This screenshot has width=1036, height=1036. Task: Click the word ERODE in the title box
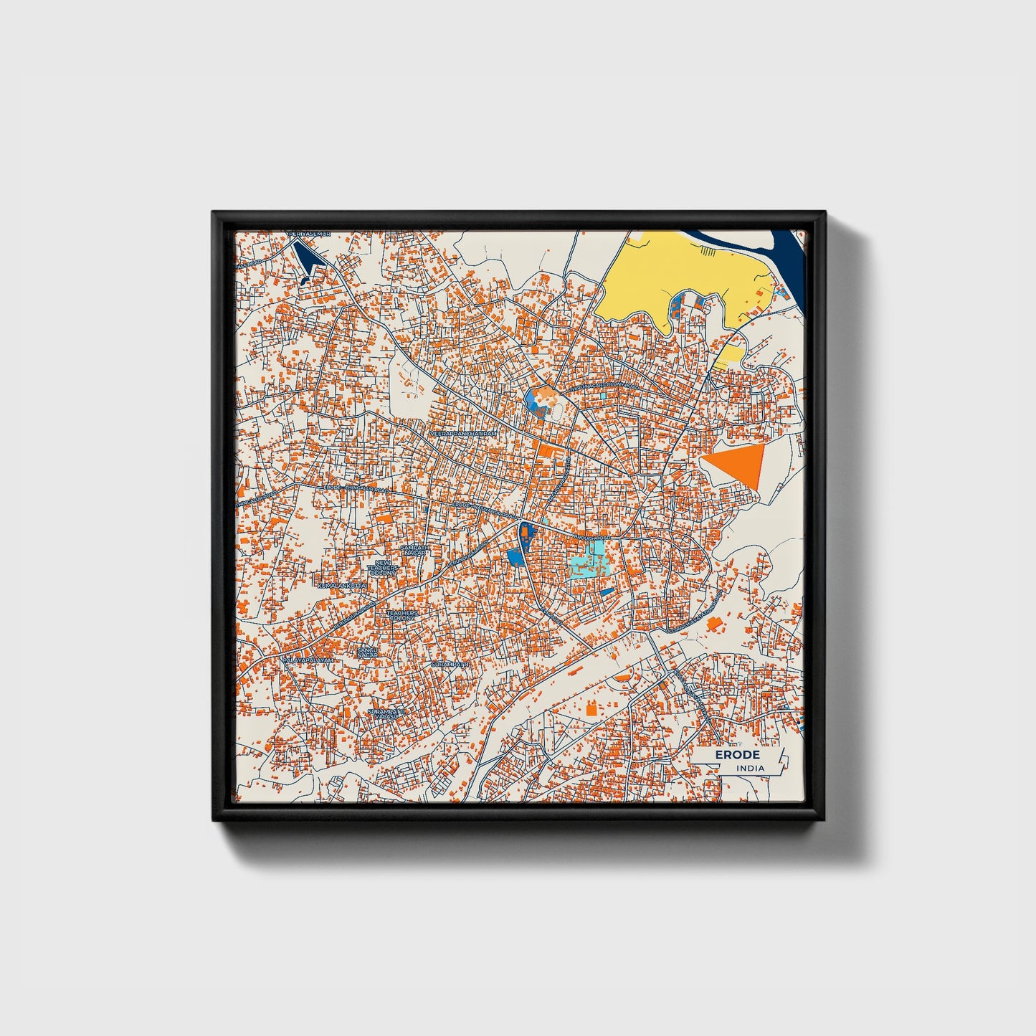pos(737,755)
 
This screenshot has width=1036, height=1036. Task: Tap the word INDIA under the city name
pos(750,769)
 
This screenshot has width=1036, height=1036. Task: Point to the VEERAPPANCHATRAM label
pos(462,434)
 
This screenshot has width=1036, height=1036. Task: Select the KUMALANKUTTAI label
pos(341,586)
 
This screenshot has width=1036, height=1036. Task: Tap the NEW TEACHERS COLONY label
pos(381,569)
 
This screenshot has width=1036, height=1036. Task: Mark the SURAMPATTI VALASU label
pos(386,714)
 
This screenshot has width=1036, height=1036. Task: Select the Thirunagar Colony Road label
pos(604,386)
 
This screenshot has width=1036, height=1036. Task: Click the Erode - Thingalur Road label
pos(356,489)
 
